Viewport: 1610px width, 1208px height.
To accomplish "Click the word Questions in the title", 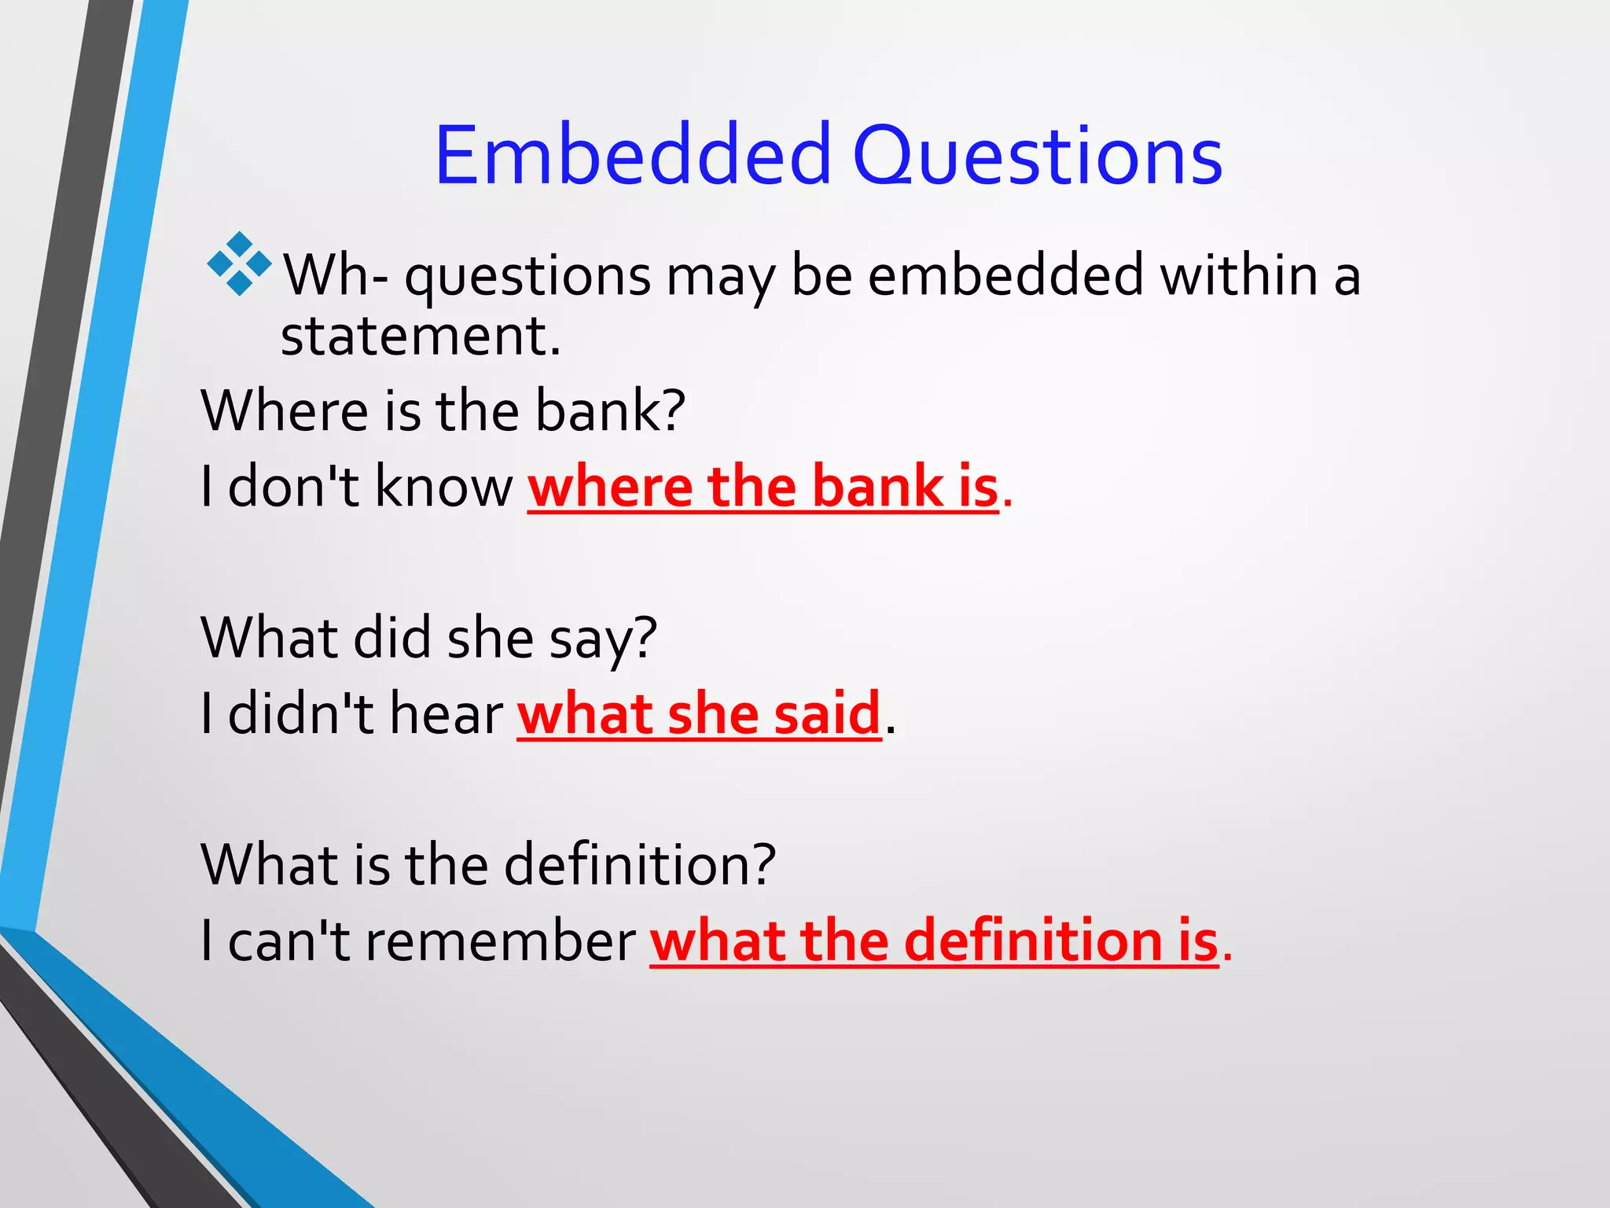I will tap(1037, 157).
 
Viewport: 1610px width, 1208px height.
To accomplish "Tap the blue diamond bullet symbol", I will tap(239, 264).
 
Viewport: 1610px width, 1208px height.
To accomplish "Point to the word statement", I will tap(420, 337).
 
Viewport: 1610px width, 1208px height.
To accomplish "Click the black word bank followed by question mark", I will tap(610, 411).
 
